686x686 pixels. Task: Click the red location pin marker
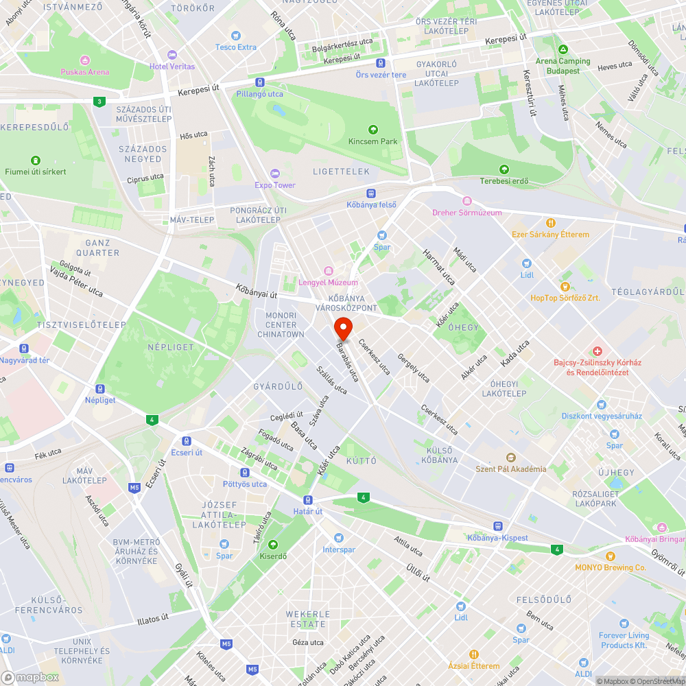click(x=343, y=327)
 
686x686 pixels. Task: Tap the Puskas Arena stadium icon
click(x=85, y=60)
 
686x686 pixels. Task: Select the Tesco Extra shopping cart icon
click(x=236, y=36)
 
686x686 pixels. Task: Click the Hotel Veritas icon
click(x=172, y=54)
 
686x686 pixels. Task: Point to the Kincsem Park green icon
click(x=372, y=129)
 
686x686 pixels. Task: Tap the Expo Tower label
click(x=275, y=185)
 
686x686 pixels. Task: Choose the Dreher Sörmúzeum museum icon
click(x=467, y=200)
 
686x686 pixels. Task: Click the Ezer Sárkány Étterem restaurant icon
click(x=550, y=223)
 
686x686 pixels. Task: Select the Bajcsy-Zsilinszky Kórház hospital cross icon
click(x=598, y=351)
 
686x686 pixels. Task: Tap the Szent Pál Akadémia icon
click(x=510, y=457)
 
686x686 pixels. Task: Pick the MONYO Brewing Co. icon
click(x=611, y=556)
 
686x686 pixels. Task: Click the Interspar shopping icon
click(x=338, y=538)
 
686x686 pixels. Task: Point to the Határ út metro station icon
click(x=308, y=500)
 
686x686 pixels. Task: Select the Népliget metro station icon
click(x=100, y=388)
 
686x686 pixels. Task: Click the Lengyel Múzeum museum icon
click(x=328, y=270)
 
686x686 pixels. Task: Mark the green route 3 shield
click(x=100, y=102)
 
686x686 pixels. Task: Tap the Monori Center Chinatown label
click(x=281, y=325)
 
